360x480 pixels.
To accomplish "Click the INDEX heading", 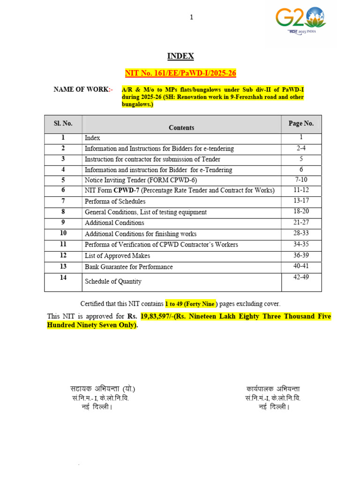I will (180, 56).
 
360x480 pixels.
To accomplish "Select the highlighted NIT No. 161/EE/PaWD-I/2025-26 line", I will (180, 73).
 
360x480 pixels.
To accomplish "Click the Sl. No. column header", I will (63, 123).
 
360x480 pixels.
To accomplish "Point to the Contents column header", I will (181, 127).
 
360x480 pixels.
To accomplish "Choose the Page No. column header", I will (301, 123).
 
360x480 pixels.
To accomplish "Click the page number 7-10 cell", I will (301, 180).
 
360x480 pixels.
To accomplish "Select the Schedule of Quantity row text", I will (113, 282).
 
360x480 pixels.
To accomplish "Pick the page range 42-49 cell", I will (301, 277).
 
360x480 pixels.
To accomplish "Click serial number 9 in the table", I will (63, 222).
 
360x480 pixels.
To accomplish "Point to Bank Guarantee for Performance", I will (128, 267).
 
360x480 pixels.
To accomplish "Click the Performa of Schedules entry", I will (115, 202).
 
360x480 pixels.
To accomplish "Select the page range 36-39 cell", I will (301, 255).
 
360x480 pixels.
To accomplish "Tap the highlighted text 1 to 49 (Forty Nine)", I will (192, 304).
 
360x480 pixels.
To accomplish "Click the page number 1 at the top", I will (191, 17).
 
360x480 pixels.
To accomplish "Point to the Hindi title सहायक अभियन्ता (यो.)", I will (103, 389).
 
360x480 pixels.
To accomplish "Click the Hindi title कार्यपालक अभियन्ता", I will (273, 389).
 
